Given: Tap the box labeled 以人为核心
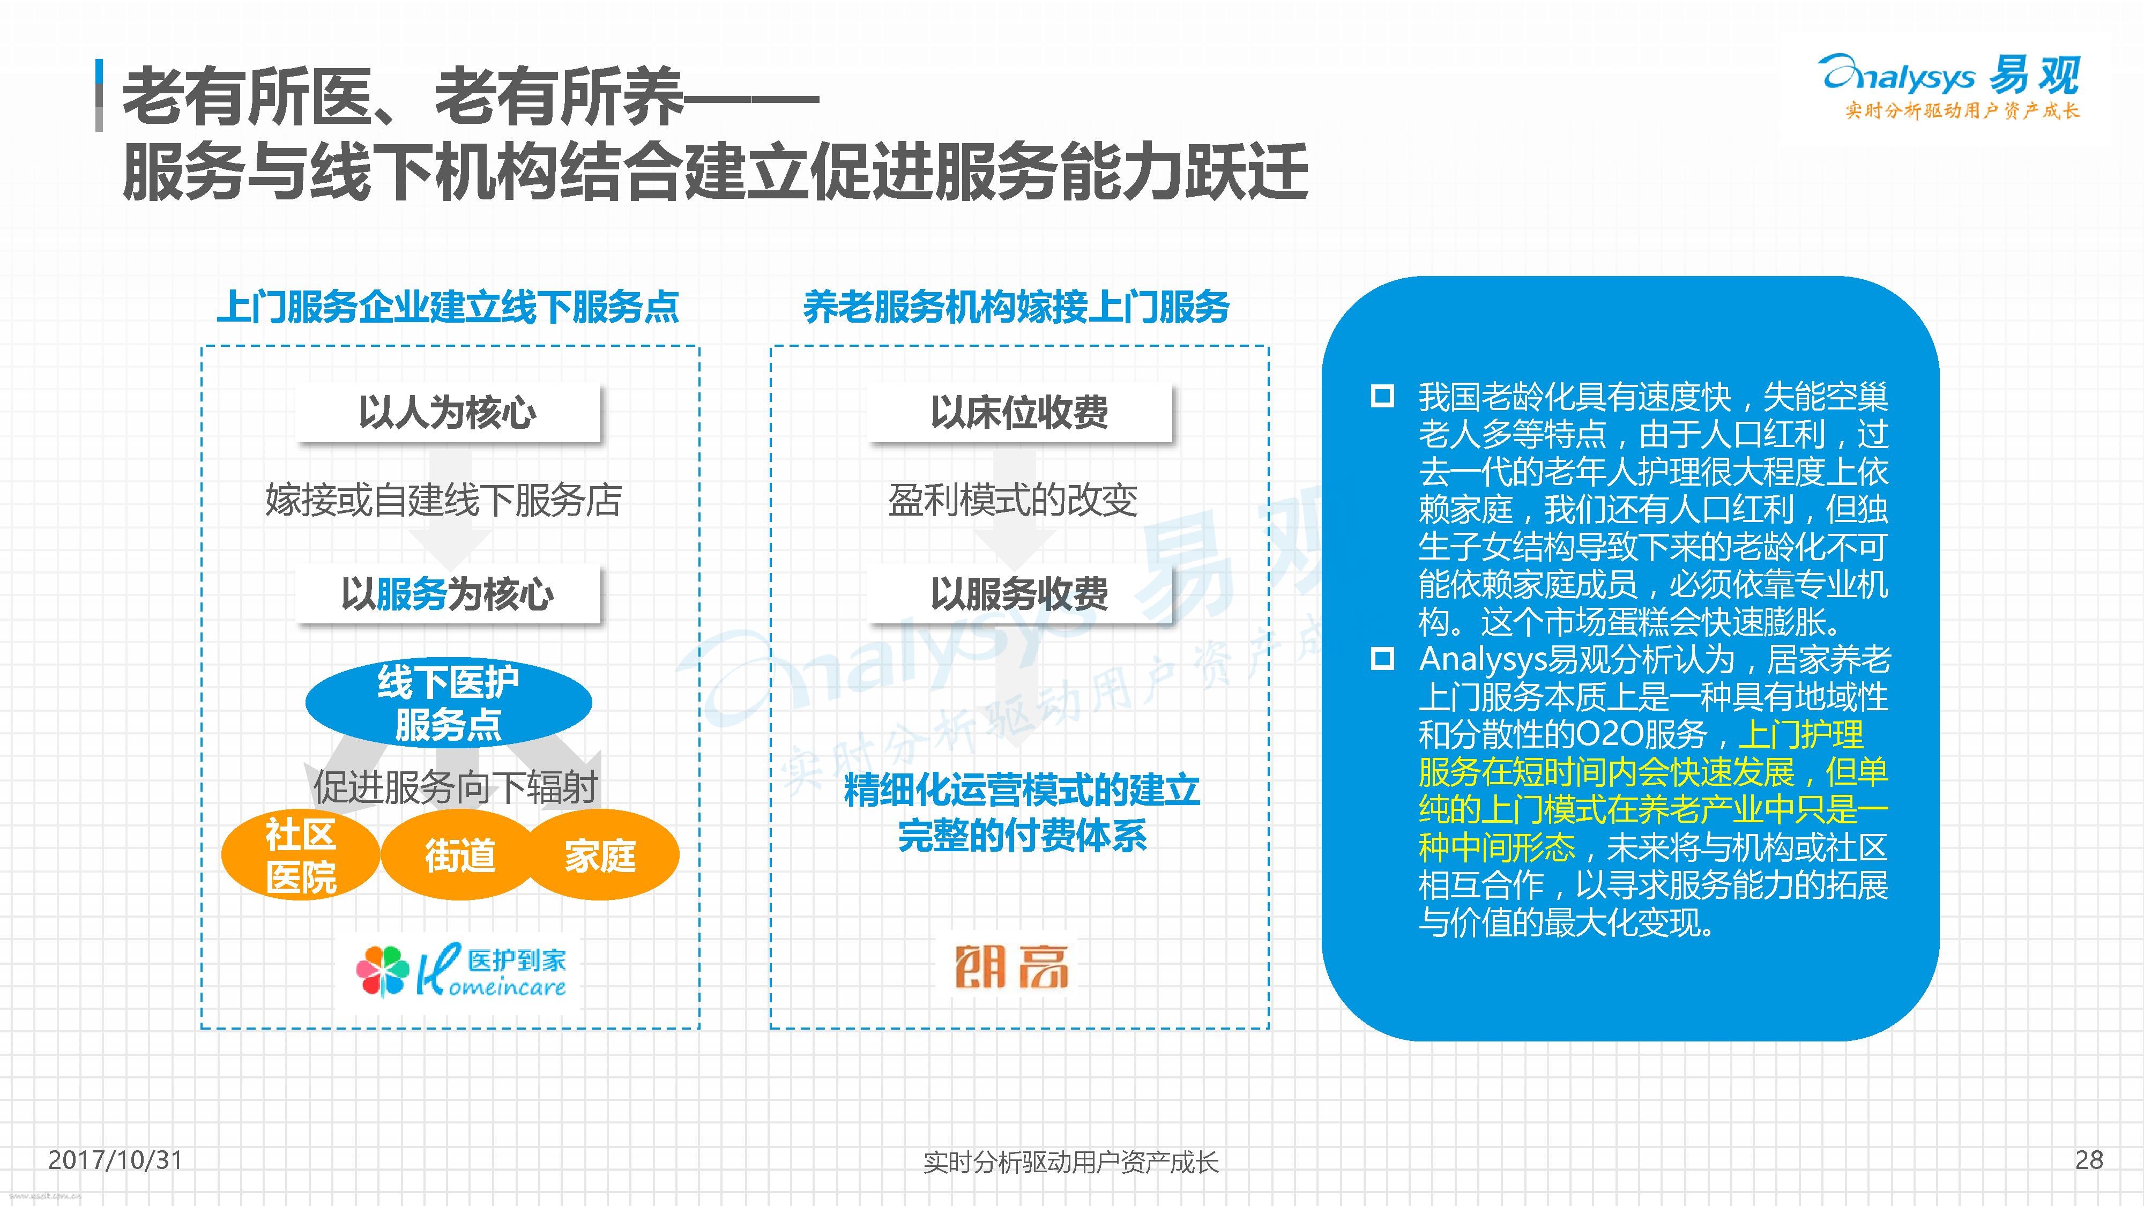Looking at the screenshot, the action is pyautogui.click(x=448, y=412).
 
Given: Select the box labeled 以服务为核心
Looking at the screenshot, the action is pyautogui.click(x=448, y=593).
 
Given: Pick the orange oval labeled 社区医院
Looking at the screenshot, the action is pyautogui.click(x=301, y=855).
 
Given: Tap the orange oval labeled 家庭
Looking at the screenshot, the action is pyautogui.click(x=600, y=855).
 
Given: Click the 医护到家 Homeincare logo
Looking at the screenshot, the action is pyautogui.click(x=461, y=971).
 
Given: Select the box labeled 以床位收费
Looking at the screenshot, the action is pyautogui.click(x=1019, y=412).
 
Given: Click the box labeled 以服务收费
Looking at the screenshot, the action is pyautogui.click(x=1019, y=593).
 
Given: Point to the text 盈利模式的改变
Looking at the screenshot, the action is pyautogui.click(x=1012, y=500).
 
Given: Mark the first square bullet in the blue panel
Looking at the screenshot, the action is pyautogui.click(x=1382, y=396).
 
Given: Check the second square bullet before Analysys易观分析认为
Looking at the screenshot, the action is pyautogui.click(x=1382, y=659).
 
